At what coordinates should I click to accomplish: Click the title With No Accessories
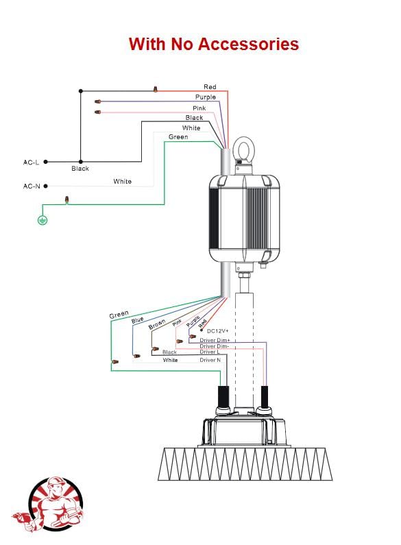(214, 44)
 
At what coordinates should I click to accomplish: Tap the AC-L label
(31, 162)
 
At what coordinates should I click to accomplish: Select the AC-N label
(32, 186)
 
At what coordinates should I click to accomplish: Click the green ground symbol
(42, 219)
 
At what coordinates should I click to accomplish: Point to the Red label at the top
(210, 87)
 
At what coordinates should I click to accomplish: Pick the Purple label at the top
(206, 97)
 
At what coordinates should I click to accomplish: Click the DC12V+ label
(218, 331)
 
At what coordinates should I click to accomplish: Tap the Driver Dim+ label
(215, 340)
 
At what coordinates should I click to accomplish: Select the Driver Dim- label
(214, 346)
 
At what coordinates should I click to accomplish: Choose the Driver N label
(210, 360)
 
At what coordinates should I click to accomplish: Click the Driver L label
(210, 352)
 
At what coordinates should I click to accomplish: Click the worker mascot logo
(48, 504)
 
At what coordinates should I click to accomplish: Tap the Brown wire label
(157, 324)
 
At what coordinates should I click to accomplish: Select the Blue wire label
(138, 319)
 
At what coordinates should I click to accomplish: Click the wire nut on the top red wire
(156, 89)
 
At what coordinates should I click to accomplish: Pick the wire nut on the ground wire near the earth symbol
(66, 199)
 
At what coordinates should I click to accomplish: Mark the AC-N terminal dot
(45, 186)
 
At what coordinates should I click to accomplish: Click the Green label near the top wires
(178, 137)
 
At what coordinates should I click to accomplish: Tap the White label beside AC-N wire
(122, 182)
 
